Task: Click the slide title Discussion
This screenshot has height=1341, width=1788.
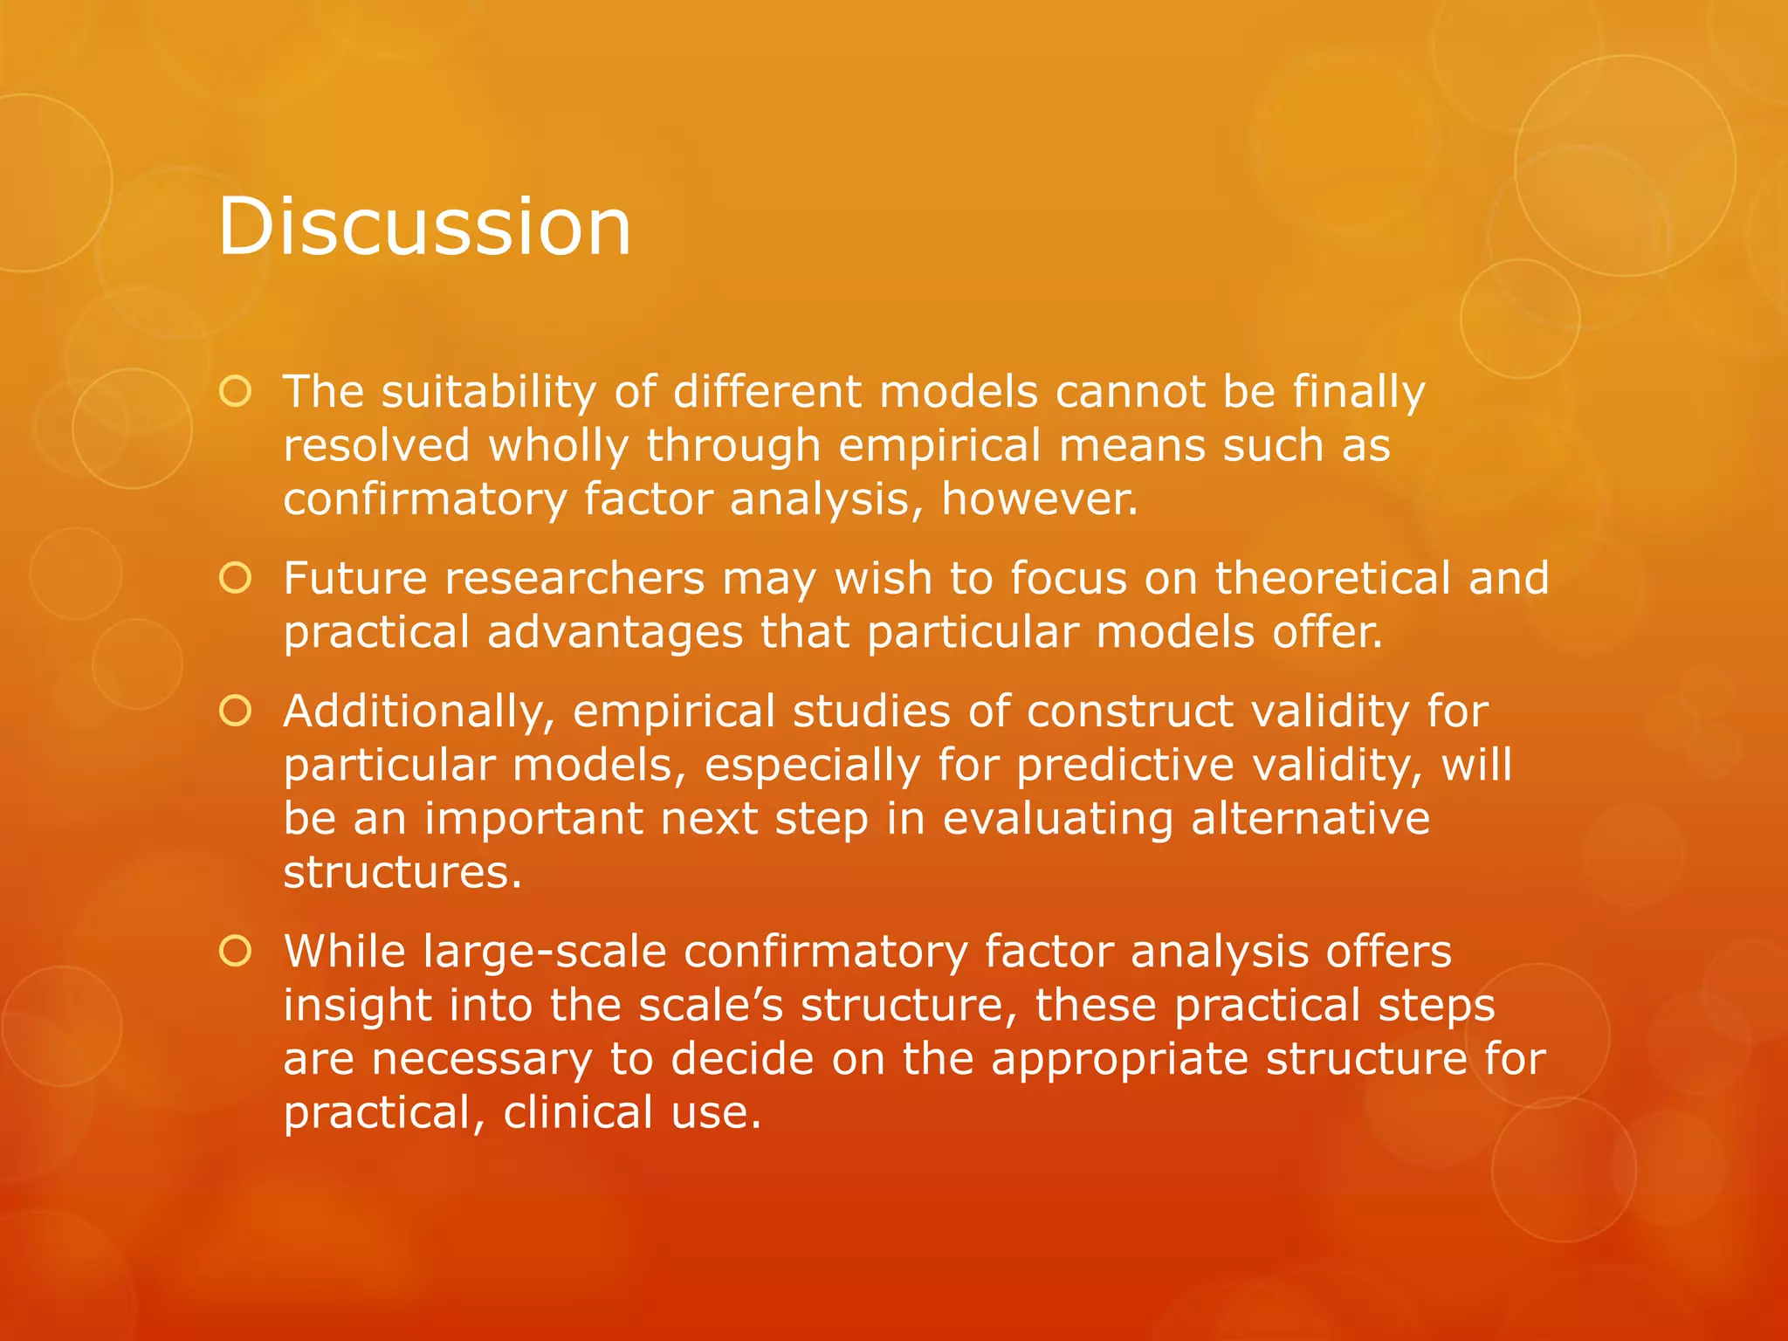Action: pos(424,227)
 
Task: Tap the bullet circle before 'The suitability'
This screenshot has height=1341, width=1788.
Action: pos(236,392)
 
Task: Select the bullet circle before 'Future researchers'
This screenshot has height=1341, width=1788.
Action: pos(236,578)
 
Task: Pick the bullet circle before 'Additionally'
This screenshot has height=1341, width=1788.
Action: pos(236,712)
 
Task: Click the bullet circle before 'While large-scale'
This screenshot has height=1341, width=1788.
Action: pos(236,951)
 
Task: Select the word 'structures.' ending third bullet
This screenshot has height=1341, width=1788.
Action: pos(402,872)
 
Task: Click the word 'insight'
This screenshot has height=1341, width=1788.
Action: pos(357,1005)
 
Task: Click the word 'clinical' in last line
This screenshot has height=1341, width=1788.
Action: pos(578,1113)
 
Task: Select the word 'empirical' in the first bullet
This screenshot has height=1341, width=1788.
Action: pos(939,446)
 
